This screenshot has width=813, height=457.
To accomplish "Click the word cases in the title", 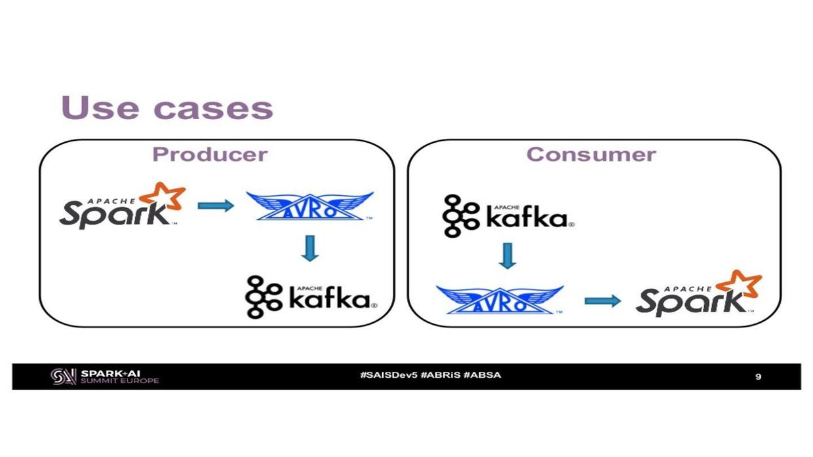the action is (x=214, y=109).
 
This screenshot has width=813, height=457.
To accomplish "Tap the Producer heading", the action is (x=210, y=155).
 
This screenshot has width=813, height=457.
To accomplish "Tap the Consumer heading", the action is (x=591, y=155).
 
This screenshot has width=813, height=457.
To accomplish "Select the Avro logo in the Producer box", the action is (x=309, y=206).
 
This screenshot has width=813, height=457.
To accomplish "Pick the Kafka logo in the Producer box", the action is (x=311, y=297).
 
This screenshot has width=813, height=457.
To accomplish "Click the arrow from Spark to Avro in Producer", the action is (x=216, y=206).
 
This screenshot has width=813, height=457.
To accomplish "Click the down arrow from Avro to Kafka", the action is (x=309, y=248).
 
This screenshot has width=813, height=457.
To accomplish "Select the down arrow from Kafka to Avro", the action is (x=507, y=256).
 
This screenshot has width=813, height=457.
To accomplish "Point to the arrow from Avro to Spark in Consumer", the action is (x=603, y=301).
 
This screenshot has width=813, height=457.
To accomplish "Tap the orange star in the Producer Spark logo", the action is (x=163, y=196).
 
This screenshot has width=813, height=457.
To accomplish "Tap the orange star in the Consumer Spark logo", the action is (x=740, y=283).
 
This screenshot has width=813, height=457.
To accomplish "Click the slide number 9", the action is (x=758, y=376).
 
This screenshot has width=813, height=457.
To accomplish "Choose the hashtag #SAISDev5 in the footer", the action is (x=388, y=375).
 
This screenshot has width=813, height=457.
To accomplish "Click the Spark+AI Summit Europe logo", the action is (x=105, y=376).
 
